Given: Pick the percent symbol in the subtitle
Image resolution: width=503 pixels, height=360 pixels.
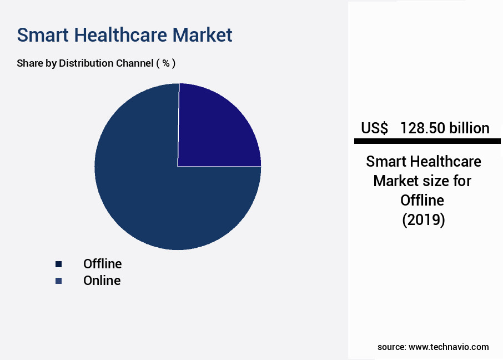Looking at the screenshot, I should [x=165, y=63].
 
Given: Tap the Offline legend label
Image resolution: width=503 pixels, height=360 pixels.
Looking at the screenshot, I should [x=102, y=264].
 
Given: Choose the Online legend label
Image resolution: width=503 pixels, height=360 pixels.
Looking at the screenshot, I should [x=102, y=281].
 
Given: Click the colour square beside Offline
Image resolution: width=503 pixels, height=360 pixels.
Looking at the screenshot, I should [x=58, y=264].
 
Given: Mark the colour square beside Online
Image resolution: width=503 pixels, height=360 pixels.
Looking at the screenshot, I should [x=58, y=281].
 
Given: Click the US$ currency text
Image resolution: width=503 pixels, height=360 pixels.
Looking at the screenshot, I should [x=374, y=128].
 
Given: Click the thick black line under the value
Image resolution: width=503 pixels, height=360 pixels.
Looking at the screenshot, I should [x=427, y=142].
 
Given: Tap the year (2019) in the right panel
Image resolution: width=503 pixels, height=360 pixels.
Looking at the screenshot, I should [x=424, y=220].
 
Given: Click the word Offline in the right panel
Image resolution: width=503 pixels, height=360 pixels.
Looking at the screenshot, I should [x=424, y=201].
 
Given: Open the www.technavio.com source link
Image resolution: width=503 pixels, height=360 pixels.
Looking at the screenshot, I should [x=449, y=347].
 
